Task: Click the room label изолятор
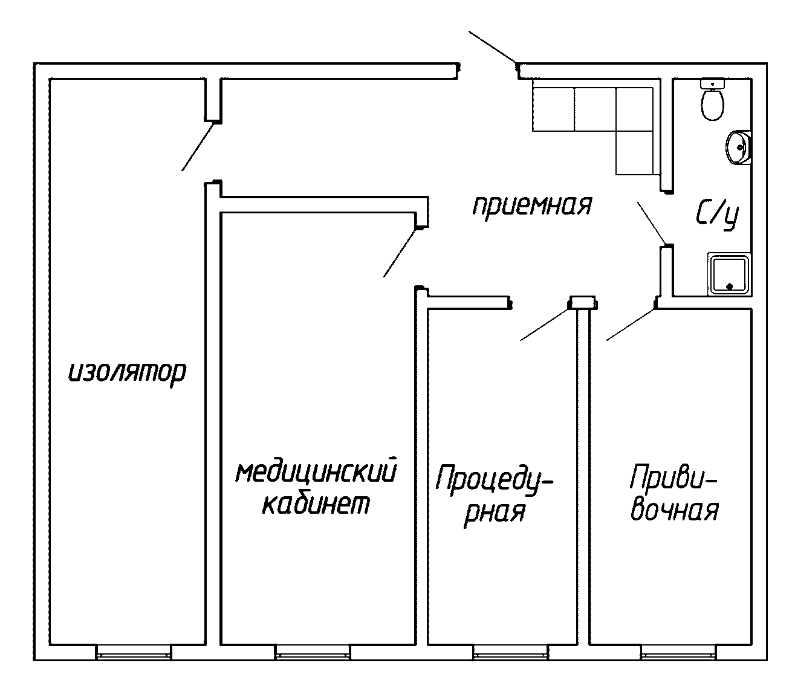tap(126, 373)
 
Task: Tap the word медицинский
tap(316, 472)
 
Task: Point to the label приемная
tap(531, 205)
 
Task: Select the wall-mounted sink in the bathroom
tap(739, 147)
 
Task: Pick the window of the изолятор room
tap(134, 652)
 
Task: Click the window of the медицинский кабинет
tap(313, 652)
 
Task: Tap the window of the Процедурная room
tap(511, 652)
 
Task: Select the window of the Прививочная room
tap(678, 652)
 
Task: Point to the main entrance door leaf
tap(493, 47)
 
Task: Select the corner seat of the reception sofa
tap(634, 109)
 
